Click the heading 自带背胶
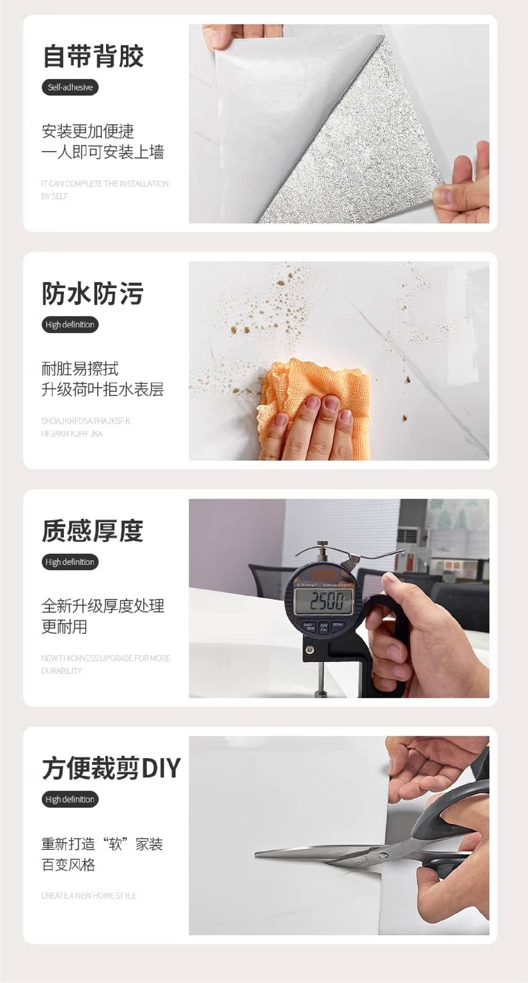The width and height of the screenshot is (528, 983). tap(93, 56)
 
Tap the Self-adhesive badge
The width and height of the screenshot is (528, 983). tap(70, 87)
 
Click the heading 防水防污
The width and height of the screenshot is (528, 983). tap(93, 293)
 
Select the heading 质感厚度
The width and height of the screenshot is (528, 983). tap(93, 530)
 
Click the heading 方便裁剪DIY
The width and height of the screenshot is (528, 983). tap(111, 768)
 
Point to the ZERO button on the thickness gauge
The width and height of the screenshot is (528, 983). tap(338, 625)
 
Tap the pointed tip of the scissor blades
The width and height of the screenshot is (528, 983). tap(257, 853)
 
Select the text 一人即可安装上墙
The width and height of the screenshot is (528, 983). tap(102, 152)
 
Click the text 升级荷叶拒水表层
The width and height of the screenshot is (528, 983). tap(102, 390)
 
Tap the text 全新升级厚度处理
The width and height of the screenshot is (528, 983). tap(102, 606)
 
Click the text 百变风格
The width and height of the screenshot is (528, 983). tap(68, 865)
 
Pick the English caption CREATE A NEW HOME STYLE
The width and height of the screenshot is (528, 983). tap(89, 895)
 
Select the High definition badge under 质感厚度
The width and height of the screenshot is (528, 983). tap(70, 562)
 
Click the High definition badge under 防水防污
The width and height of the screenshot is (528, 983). tap(70, 325)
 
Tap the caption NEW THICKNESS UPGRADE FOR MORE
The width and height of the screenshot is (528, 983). tap(105, 658)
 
